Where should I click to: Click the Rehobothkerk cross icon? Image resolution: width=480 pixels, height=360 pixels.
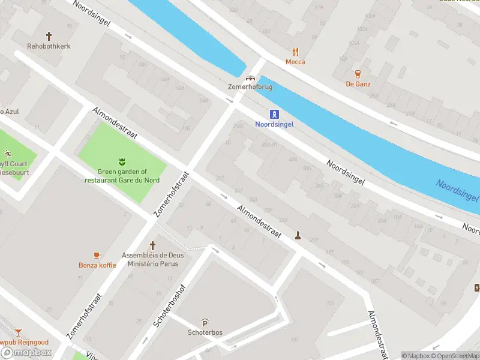(49, 36)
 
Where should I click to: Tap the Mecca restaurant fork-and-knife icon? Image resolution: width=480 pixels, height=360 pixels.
(295, 52)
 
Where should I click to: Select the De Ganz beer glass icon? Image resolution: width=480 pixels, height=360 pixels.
(358, 74)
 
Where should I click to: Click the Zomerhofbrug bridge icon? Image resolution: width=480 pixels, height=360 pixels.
(250, 77)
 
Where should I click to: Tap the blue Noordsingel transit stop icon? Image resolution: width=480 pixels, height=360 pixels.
(274, 114)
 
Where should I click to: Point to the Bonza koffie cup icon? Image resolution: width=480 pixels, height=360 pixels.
(97, 255)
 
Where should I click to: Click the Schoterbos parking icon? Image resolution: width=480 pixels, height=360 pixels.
(205, 322)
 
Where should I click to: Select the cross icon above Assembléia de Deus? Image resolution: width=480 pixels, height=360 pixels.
(152, 245)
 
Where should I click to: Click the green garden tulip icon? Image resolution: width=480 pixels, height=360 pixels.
(122, 161)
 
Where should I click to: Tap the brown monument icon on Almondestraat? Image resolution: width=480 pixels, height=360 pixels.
(297, 235)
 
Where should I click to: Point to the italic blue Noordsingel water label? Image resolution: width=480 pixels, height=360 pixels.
(457, 191)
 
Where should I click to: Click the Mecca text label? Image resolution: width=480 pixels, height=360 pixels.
(295, 62)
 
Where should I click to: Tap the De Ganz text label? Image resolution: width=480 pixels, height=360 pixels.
(358, 84)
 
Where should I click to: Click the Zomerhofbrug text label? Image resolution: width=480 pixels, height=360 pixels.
(250, 87)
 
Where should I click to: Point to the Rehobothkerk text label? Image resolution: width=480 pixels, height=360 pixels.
(49, 46)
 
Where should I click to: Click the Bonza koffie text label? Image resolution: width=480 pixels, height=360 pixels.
(97, 265)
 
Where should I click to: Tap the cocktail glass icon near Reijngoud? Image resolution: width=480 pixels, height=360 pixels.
(19, 332)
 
